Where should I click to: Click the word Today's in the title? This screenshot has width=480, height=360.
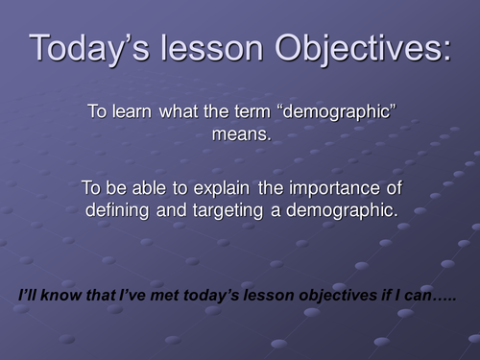click(91, 48)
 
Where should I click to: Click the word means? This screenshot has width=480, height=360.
click(241, 135)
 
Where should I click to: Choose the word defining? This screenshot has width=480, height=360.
click(121, 209)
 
